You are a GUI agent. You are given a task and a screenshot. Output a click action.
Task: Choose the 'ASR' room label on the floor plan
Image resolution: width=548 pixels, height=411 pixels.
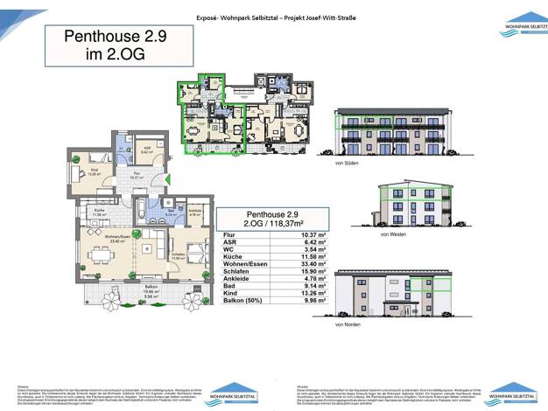click(146, 149)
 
